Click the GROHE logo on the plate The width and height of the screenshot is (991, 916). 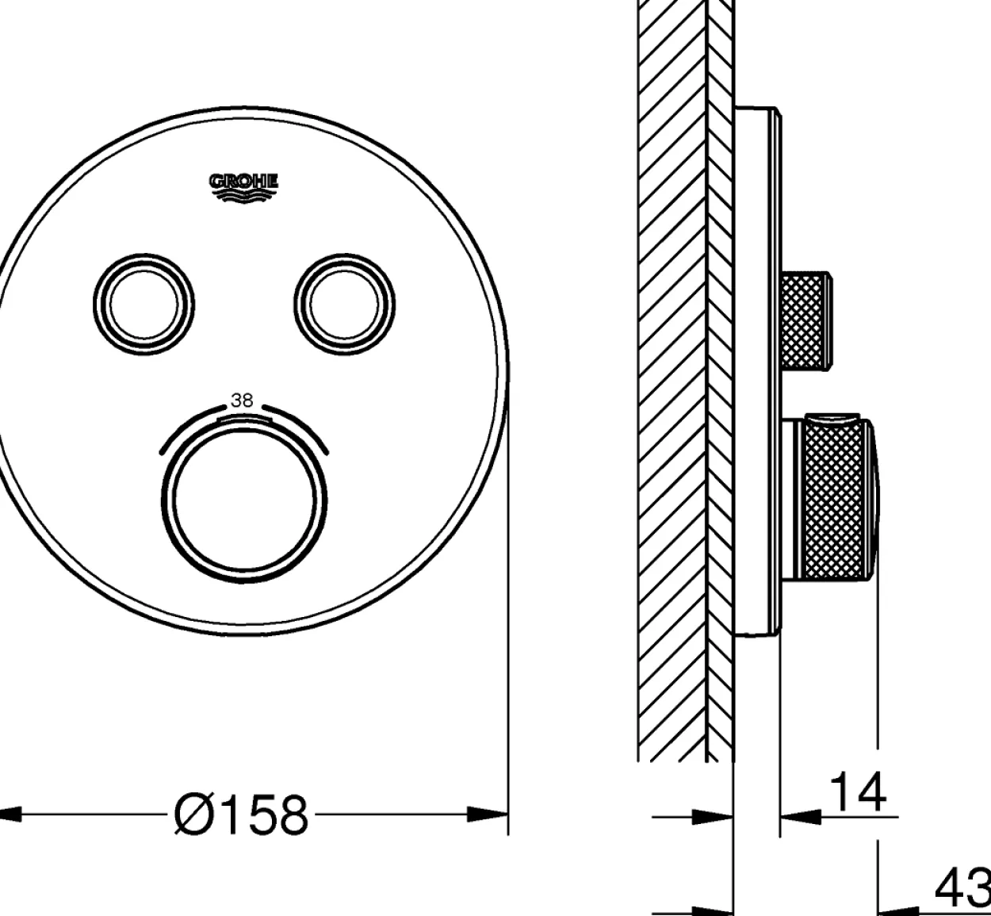tap(243, 188)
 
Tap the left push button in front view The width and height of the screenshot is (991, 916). tap(143, 305)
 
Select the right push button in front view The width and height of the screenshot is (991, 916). tap(345, 305)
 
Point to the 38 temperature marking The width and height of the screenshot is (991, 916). tap(242, 401)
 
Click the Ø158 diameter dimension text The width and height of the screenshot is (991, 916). tap(241, 814)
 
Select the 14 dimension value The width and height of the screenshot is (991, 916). tap(857, 793)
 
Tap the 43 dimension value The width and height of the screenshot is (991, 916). tap(963, 889)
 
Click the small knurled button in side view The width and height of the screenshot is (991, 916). tap(805, 321)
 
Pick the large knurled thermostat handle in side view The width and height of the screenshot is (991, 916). tap(835, 500)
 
